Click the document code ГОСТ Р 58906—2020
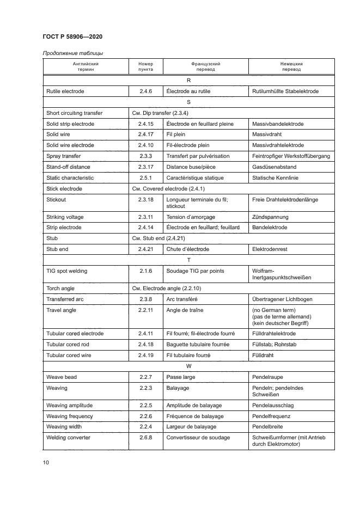coord(72,36)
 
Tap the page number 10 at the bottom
coord(46,462)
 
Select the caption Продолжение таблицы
coord(72,53)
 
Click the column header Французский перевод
coord(205,67)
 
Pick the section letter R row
coord(188,80)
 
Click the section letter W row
coord(188,366)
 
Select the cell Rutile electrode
coord(65,91)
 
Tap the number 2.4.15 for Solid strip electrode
coord(146,124)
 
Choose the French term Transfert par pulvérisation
coord(198,156)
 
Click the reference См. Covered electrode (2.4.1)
coord(165,189)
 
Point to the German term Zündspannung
coord(270,217)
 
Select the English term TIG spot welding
coord(66,271)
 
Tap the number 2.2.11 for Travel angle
coord(146,310)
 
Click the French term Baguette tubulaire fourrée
coord(198,345)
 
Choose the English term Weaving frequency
coord(70,416)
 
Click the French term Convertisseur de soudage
coord(198,438)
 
